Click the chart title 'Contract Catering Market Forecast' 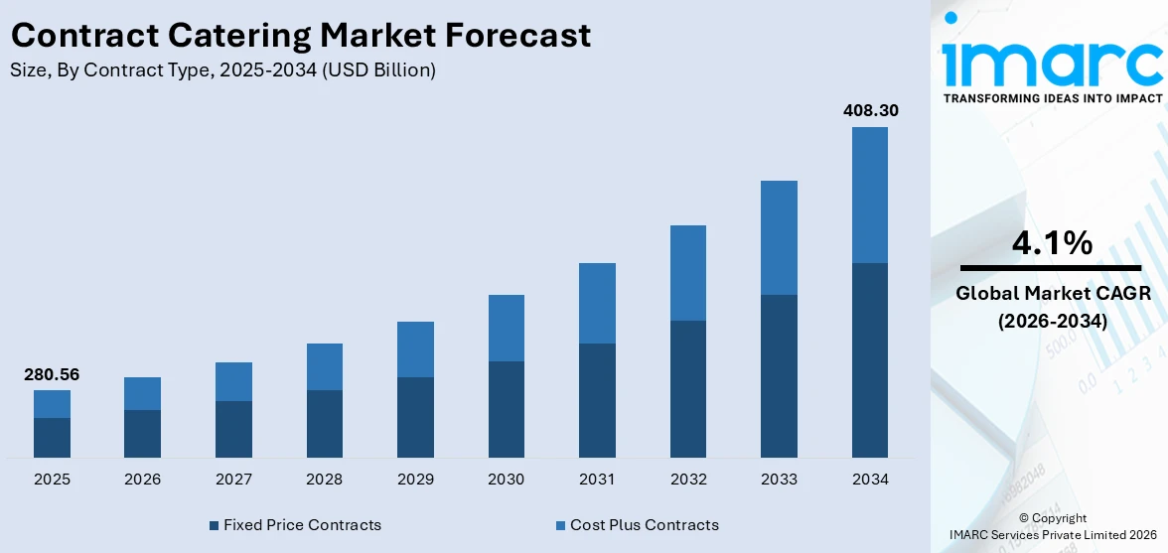[301, 36]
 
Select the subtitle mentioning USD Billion [222, 70]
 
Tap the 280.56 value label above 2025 [52, 374]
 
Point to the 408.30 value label [870, 110]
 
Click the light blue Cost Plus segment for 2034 [870, 195]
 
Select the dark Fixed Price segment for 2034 [870, 359]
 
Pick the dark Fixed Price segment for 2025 [52, 437]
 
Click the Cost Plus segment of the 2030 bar [506, 328]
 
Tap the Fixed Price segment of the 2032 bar [688, 388]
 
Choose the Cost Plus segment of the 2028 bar [325, 366]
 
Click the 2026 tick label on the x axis [143, 480]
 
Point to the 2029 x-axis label [415, 480]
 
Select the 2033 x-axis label [779, 480]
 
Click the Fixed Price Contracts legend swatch [214, 525]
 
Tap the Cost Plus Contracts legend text [645, 525]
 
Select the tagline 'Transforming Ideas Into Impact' [1052, 98]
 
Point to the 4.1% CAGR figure [1052, 243]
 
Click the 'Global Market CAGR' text [1052, 294]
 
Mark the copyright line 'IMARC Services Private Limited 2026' [1052, 535]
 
